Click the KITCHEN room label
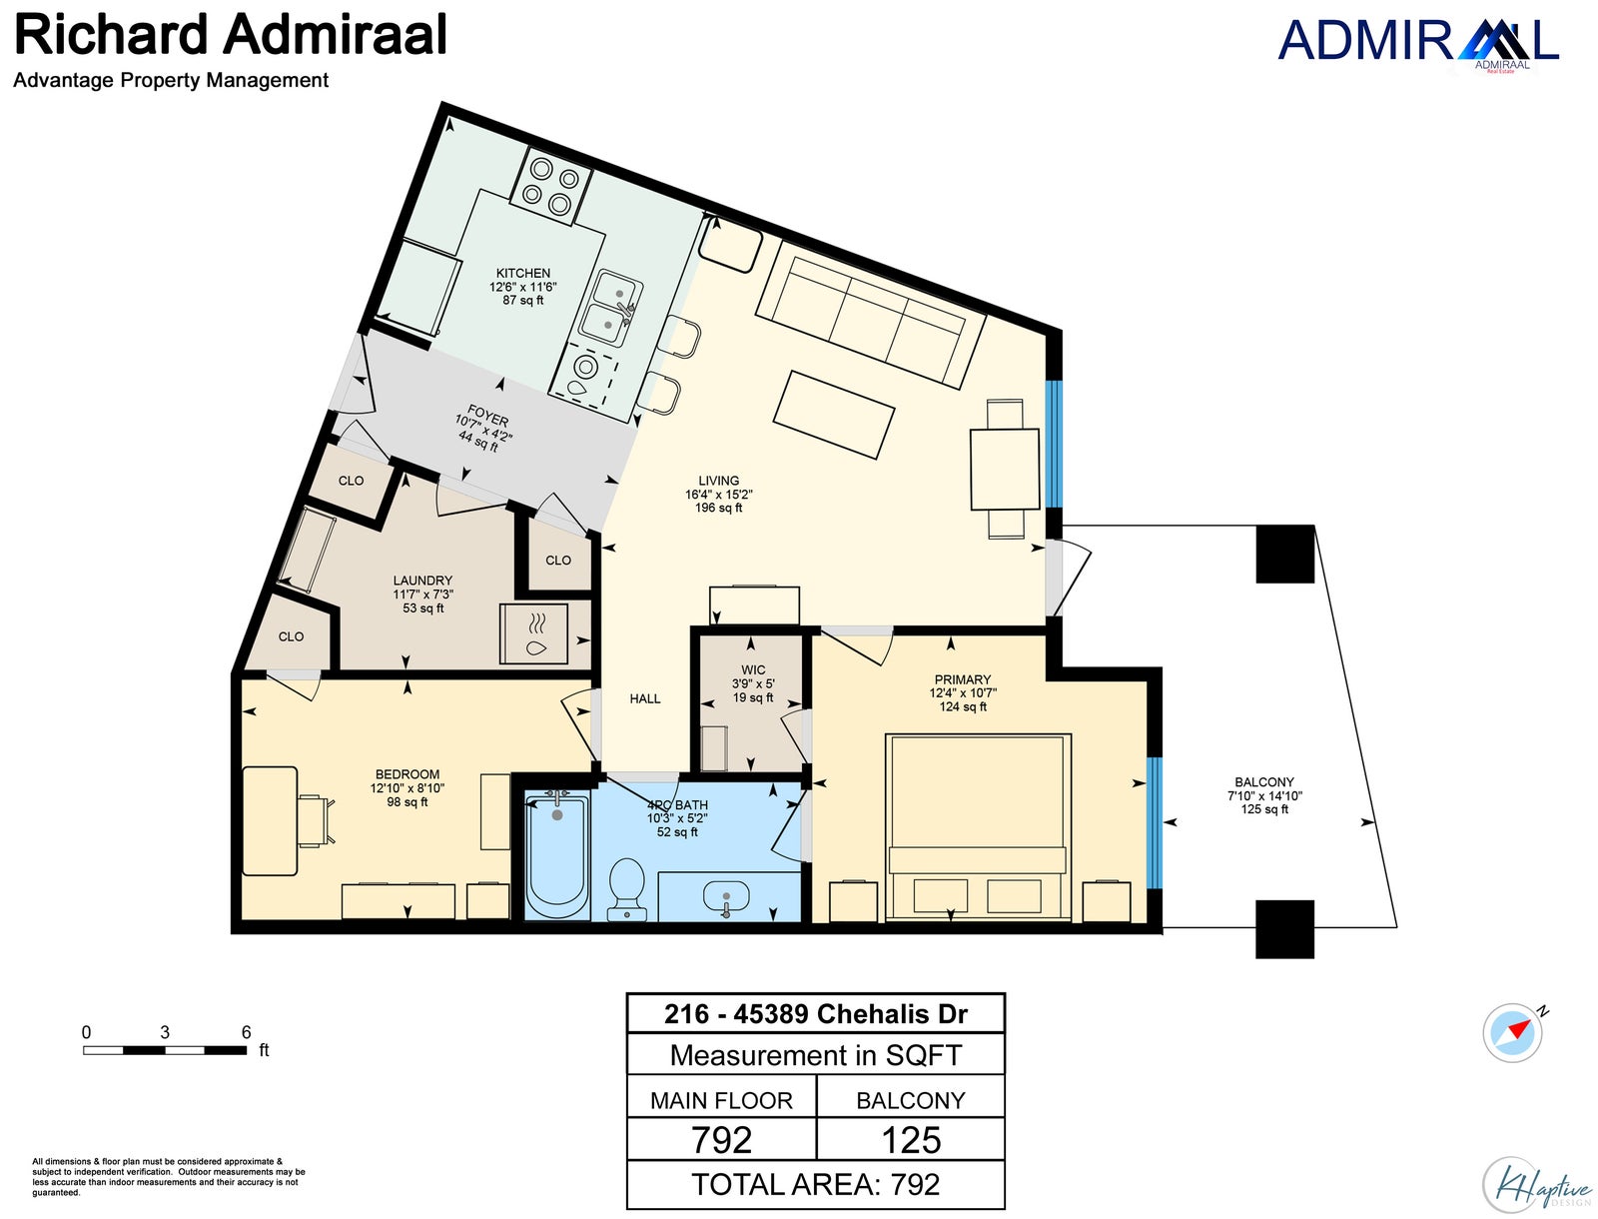coord(522,273)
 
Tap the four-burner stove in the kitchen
coord(550,187)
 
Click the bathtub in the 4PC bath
coord(557,857)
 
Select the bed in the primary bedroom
coord(979,827)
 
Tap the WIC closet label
coord(753,669)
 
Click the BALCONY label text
coord(1263,782)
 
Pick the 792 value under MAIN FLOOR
coord(721,1140)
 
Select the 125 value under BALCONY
coord(911,1140)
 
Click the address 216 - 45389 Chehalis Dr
coord(815,1013)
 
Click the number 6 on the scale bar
coord(246,1032)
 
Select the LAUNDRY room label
coord(422,581)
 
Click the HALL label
coord(645,698)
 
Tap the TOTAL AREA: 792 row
coord(815,1184)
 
